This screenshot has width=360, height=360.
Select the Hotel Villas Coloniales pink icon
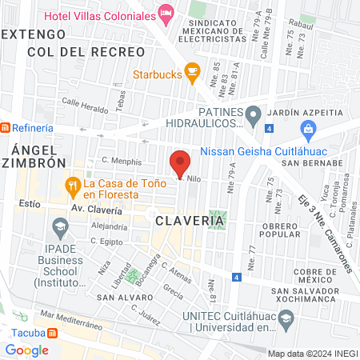166,12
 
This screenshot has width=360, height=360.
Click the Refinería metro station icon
6,127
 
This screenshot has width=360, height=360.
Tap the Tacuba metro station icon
52,332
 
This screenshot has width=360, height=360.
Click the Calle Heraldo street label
83,106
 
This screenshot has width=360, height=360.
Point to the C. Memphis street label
121,161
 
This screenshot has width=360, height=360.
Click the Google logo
26,350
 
